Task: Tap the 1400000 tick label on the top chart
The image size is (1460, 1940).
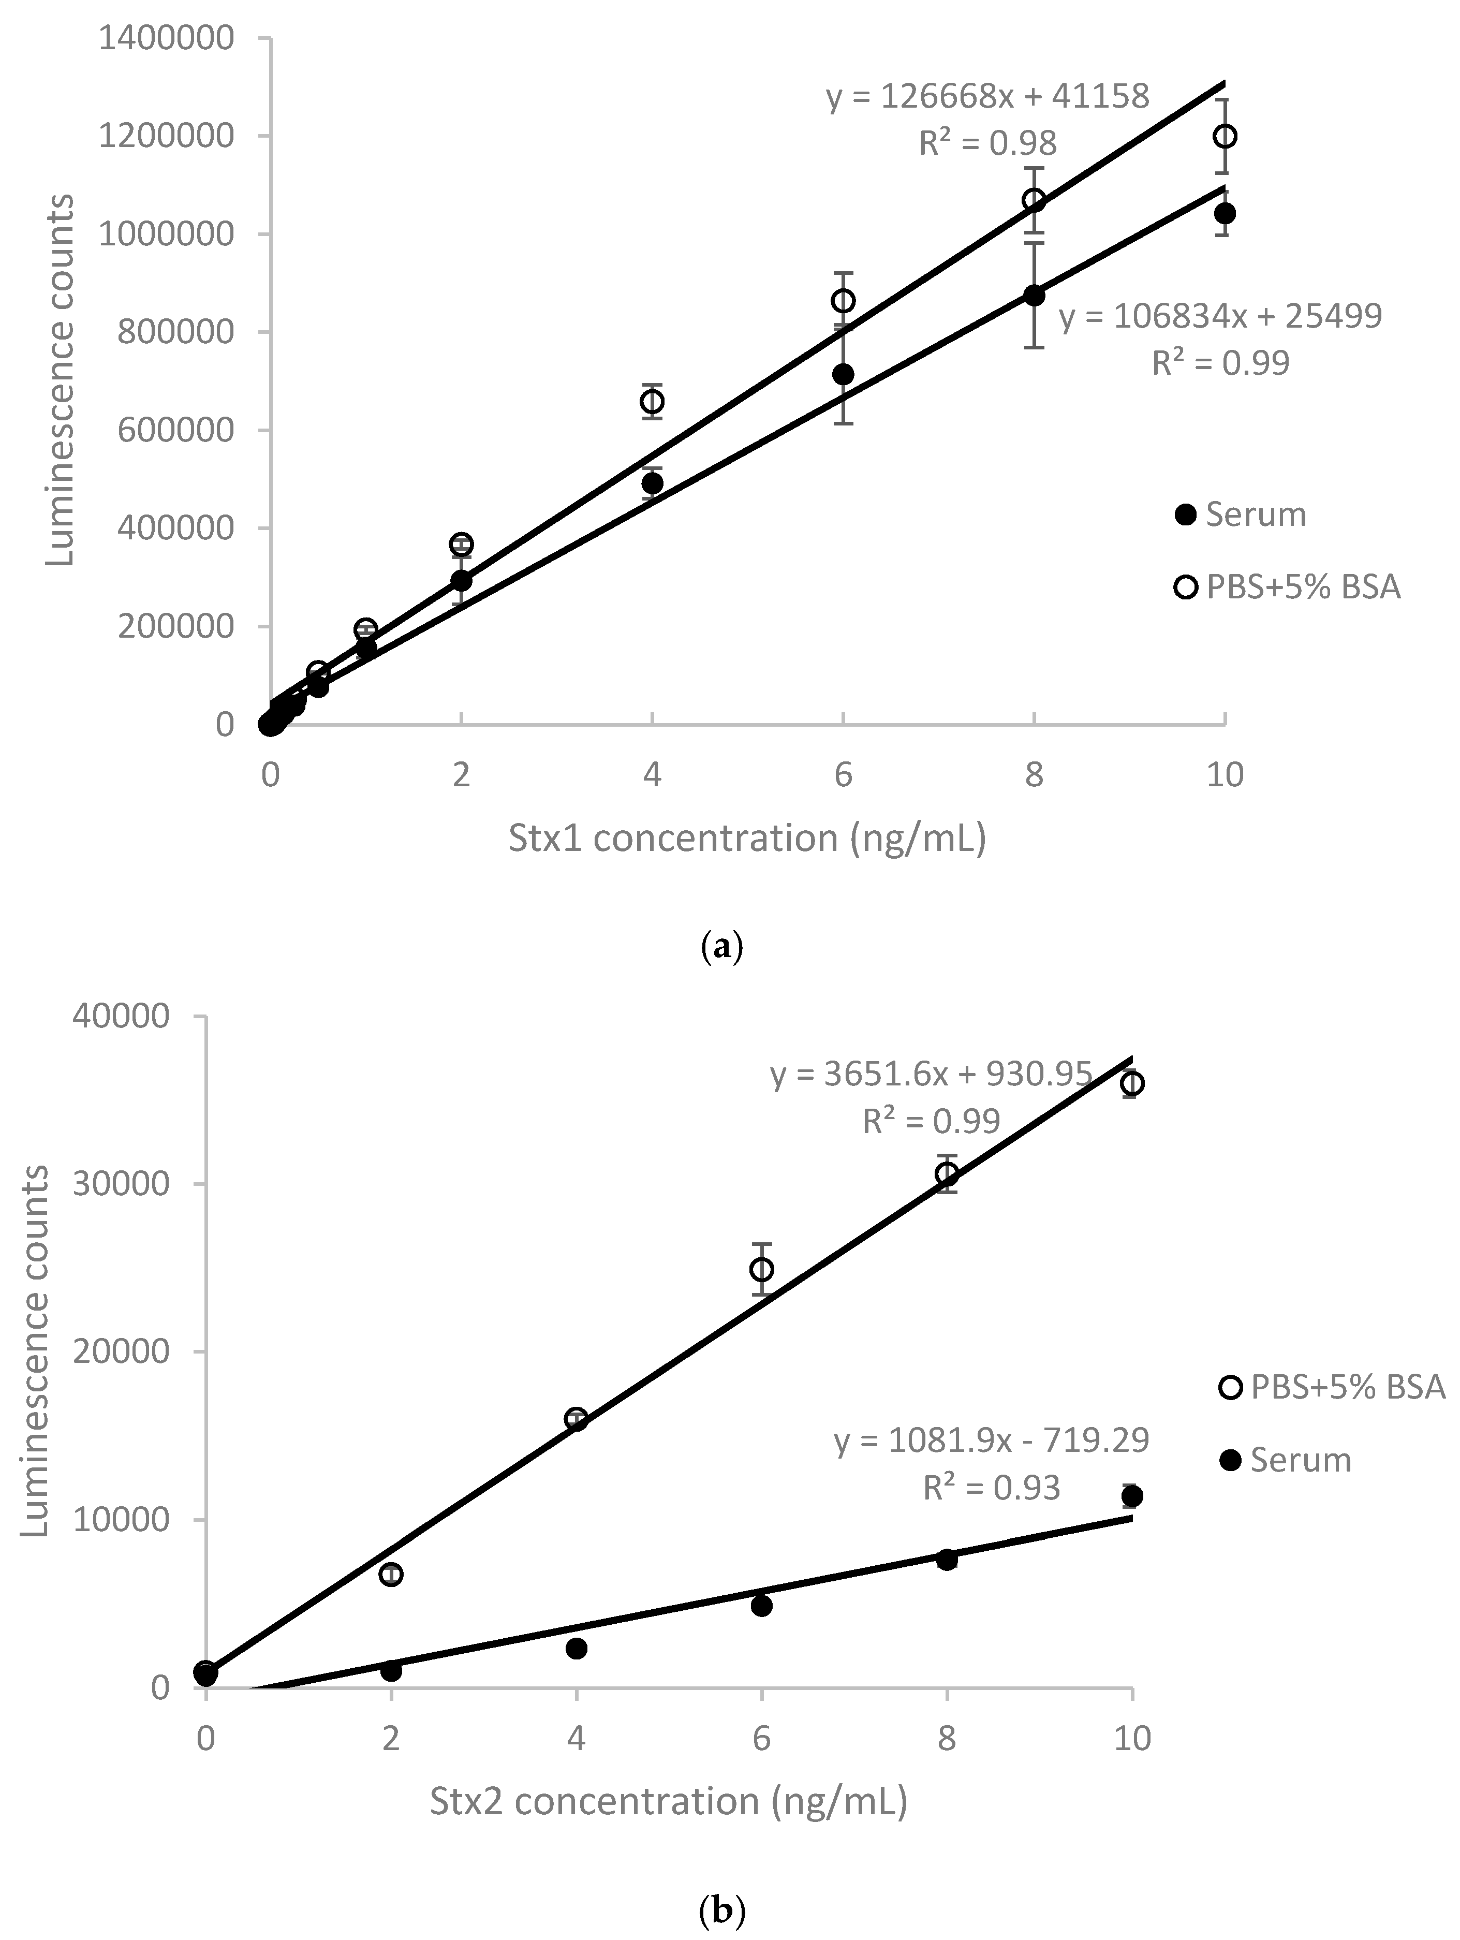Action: [167, 39]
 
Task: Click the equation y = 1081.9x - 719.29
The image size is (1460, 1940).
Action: [992, 1440]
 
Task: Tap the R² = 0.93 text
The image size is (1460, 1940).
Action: [992, 1488]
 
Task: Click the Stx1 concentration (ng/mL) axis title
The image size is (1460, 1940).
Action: [747, 839]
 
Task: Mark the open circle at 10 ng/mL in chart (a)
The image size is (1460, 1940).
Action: [1225, 136]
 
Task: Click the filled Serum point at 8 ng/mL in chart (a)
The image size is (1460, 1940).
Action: [1035, 296]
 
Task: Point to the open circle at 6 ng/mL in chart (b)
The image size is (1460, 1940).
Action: [762, 1269]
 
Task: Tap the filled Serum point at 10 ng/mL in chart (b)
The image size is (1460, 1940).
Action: [1132, 1495]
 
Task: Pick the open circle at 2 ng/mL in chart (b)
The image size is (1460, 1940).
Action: [391, 1574]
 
